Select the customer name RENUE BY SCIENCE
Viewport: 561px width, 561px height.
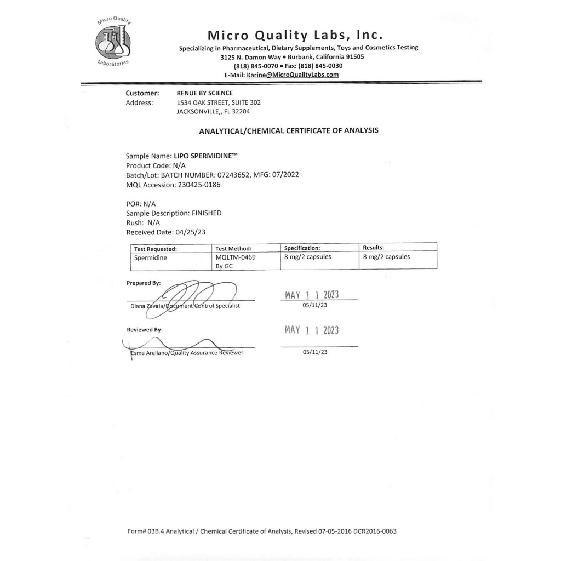tap(204, 93)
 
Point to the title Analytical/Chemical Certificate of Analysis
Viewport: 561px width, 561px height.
tap(288, 131)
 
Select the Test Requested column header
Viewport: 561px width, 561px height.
tap(156, 248)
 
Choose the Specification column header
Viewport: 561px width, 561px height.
tap(302, 248)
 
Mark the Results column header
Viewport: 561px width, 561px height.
tap(373, 248)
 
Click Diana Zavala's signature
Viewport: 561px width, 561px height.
tap(192, 296)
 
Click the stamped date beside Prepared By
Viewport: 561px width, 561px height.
tap(312, 295)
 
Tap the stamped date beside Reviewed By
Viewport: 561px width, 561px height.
tap(312, 330)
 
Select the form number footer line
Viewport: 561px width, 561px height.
tap(261, 531)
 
